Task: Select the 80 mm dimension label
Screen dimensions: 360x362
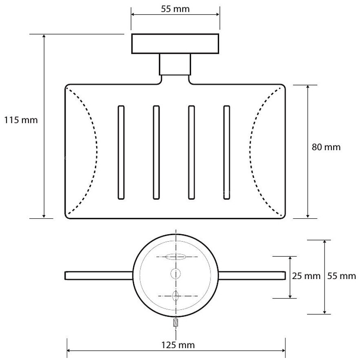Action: (326, 147)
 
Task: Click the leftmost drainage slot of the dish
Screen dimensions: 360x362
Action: (121, 153)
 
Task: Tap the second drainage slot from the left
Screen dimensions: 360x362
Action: (156, 153)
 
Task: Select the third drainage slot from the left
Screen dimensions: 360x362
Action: (191, 153)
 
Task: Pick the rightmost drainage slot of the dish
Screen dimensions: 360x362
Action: (226, 153)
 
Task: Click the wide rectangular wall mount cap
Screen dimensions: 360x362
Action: (175, 44)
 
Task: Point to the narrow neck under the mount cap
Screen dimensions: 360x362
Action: (175, 65)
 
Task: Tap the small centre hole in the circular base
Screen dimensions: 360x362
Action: (176, 273)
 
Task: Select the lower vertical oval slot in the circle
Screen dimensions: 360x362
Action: (176, 296)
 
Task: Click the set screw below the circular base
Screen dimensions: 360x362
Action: (176, 323)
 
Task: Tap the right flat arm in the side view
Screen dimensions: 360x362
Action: (252, 275)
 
